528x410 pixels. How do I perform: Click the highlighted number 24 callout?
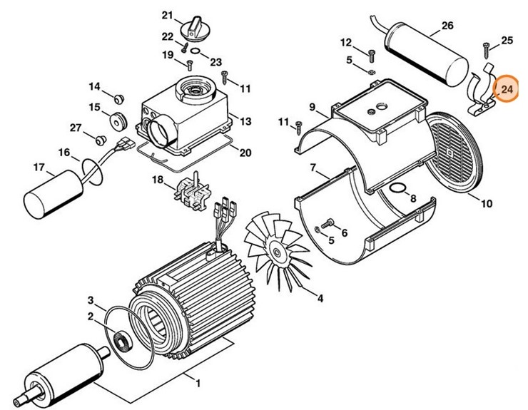tap(507, 90)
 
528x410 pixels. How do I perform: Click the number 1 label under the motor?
tap(196, 384)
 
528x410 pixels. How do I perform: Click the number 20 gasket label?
tap(245, 153)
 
